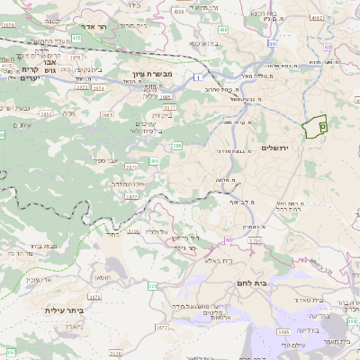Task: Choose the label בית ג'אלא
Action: pos(219,261)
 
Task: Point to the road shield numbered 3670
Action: pos(7,26)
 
